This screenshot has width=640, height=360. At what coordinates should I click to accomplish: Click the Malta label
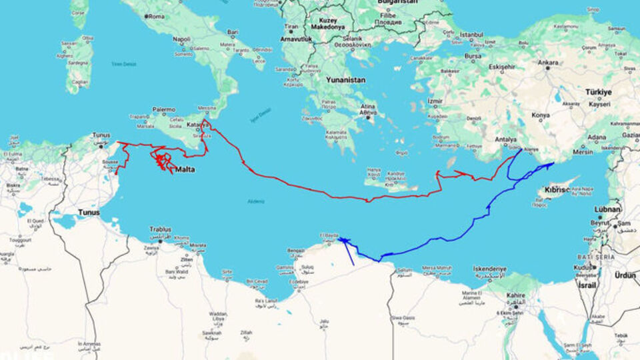[x=185, y=169]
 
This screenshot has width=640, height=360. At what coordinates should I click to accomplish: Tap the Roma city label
[x=157, y=16]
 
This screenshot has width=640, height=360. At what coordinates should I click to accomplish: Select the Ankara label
[x=548, y=63]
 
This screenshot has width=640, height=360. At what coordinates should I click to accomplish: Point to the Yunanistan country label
[x=345, y=80]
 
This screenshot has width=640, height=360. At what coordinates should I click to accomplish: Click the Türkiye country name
[x=599, y=92]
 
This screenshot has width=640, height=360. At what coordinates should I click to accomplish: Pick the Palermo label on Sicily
[x=163, y=109]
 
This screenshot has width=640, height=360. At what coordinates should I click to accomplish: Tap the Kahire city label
[x=515, y=295]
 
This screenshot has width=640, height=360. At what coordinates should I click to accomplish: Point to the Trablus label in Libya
[x=161, y=229]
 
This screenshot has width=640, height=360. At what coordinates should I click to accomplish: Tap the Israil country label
[x=587, y=285]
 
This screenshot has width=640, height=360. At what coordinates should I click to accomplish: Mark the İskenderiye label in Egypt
[x=489, y=269]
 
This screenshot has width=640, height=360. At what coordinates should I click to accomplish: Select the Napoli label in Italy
[x=181, y=39]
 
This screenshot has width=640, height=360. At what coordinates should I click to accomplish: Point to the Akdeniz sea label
[x=256, y=201]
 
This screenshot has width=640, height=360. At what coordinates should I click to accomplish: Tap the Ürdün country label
[x=625, y=275]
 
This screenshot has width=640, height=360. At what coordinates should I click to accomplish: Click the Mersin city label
[x=583, y=151]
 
